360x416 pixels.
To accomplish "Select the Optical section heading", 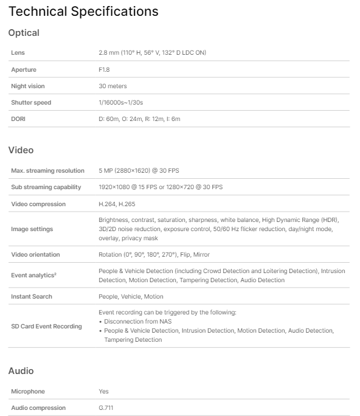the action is click(24, 33).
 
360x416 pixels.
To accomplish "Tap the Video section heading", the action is click(21, 150).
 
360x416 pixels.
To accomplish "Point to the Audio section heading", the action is click(21, 370).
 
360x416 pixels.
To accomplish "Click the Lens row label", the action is click(18, 53).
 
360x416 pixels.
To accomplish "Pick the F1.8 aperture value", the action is click(104, 70).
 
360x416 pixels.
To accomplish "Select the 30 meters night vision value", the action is click(112, 86).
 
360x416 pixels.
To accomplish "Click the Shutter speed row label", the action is click(31, 103).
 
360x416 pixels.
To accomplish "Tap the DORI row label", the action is click(19, 119).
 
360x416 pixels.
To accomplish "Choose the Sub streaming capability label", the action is click(45, 187).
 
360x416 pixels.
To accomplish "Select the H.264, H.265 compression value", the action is click(116, 204).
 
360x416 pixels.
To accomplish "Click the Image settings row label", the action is click(32, 229).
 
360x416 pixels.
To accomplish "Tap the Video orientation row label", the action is click(36, 255).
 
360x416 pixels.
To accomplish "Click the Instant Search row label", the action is click(32, 297).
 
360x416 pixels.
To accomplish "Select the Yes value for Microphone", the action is click(103, 392).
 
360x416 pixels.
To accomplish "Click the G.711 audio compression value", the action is click(106, 408).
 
